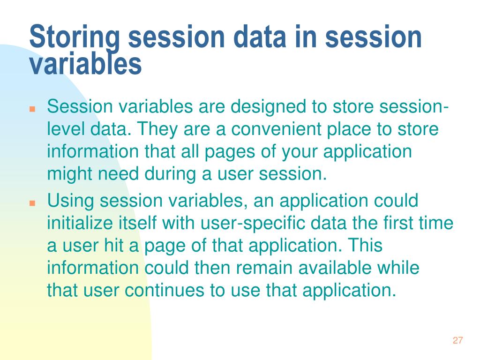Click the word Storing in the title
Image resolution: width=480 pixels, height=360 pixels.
pos(75,37)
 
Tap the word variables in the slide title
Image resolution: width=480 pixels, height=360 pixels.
pos(85,64)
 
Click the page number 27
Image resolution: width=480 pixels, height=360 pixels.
pos(457,340)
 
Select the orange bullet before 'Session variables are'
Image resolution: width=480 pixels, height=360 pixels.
pos(32,109)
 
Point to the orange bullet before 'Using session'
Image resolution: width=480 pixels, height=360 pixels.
pos(32,203)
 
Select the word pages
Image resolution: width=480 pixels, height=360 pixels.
pos(230,152)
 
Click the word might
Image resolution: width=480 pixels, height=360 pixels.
pos(70,174)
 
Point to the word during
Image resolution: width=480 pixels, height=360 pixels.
pos(170,174)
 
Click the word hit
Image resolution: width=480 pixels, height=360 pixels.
pos(114,246)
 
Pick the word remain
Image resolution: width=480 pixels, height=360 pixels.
pos(264,268)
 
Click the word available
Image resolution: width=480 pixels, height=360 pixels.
pos(335,268)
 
